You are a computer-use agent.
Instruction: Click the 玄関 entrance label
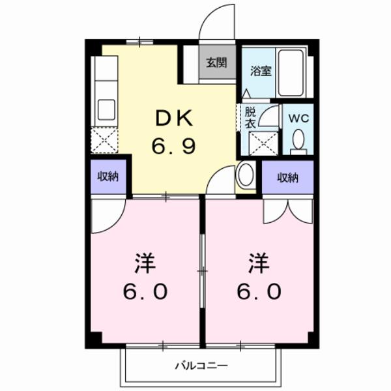217,63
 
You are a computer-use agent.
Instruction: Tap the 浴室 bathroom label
261,72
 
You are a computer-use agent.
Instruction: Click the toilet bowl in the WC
298,140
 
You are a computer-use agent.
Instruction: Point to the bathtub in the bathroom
291,72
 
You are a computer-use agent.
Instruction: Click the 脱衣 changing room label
250,117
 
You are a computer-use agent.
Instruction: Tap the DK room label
173,118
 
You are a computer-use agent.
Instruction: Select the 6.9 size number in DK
173,146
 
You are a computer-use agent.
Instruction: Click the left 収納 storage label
108,176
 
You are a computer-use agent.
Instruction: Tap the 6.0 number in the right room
259,290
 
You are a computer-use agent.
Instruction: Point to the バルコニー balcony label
201,366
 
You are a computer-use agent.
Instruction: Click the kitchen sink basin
106,109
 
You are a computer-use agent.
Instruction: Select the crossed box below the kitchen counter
104,140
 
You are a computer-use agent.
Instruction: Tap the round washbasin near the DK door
246,175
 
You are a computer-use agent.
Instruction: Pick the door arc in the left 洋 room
106,216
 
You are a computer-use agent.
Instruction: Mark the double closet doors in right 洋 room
287,210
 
